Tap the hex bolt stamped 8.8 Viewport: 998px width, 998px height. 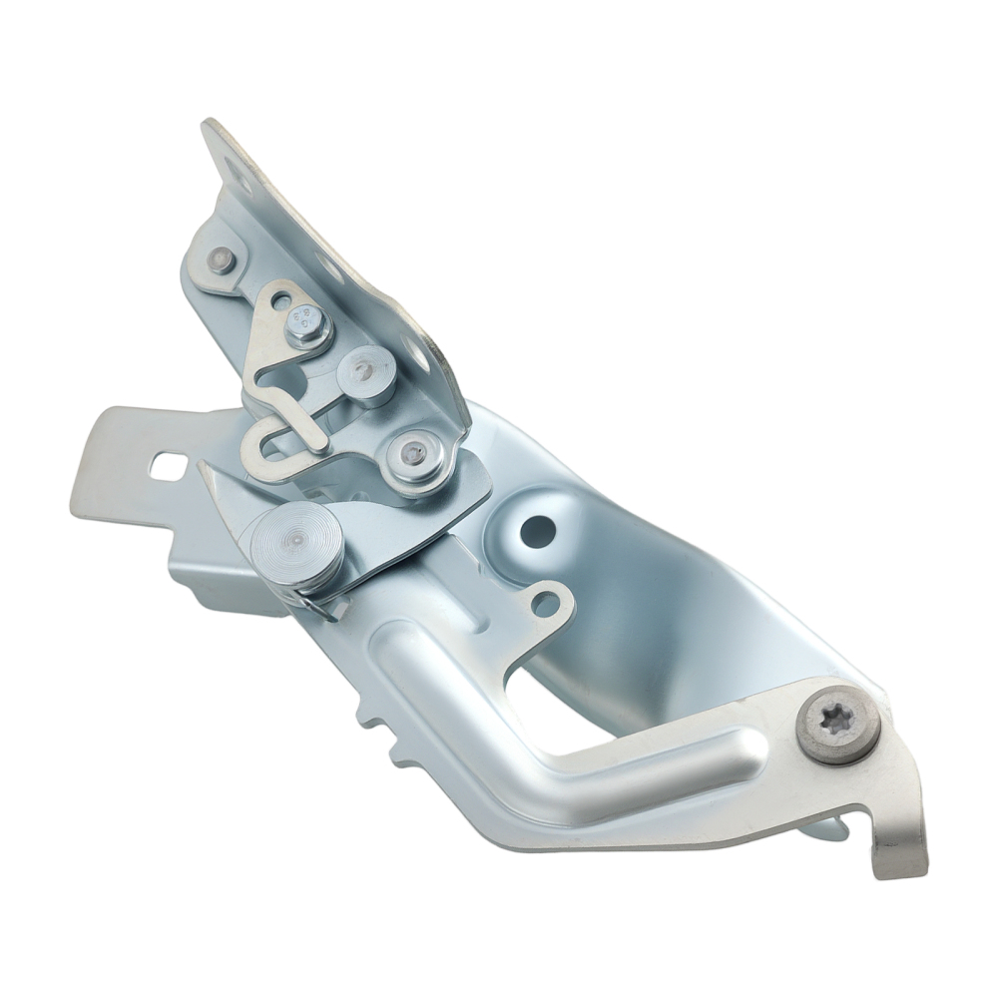click(x=308, y=323)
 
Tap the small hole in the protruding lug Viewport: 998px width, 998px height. click(x=544, y=603)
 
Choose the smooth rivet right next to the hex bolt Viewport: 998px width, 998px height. click(x=365, y=372)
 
